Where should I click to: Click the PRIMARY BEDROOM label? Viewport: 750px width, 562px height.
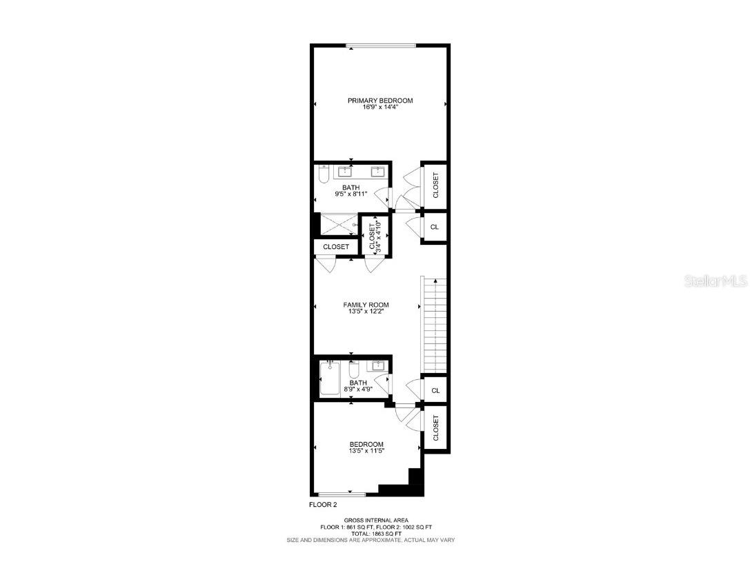coord(379,101)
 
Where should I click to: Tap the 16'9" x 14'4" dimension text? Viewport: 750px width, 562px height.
coord(379,108)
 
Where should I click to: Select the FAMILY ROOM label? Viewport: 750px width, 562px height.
coord(366,305)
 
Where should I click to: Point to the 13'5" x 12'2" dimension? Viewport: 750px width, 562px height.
coord(366,312)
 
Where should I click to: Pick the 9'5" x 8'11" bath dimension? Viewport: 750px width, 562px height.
coord(351,194)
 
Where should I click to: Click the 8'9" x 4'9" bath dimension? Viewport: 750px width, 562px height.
coord(357,390)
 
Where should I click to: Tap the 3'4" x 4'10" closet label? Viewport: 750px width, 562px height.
coord(375,235)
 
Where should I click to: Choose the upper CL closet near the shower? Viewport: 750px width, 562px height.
coord(435,227)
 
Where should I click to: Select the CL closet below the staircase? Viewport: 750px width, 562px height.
coord(435,390)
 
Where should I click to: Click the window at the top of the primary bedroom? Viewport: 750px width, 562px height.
coord(381,46)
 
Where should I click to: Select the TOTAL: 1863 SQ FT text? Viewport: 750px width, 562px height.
coord(376,534)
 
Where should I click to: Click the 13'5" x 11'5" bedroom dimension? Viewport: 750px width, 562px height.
coord(366,451)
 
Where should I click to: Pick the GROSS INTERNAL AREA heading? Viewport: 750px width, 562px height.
coord(376,520)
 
